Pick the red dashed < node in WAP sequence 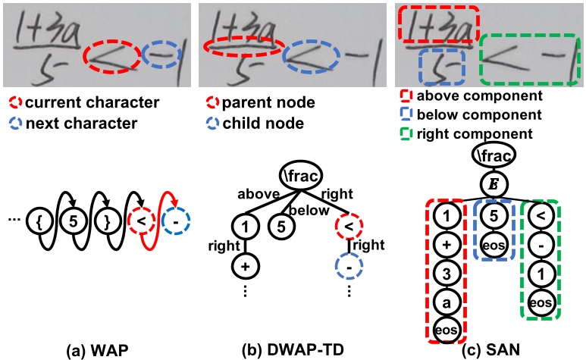pos(142,221)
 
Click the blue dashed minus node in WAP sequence pos(177,221)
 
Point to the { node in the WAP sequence pos(37,221)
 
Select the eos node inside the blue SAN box pos(493,244)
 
